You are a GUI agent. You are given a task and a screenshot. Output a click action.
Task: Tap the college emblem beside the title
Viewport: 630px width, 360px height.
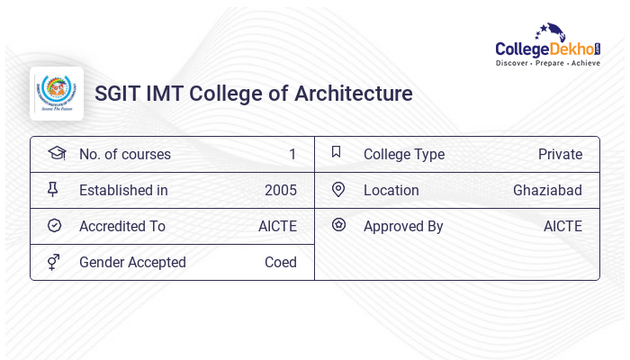click(x=57, y=94)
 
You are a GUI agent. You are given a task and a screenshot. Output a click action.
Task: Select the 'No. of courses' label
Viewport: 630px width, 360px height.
click(x=124, y=154)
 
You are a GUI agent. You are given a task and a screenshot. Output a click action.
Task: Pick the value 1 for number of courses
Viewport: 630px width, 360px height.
click(x=292, y=154)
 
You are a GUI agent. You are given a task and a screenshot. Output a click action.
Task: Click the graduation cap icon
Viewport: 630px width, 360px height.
click(x=56, y=153)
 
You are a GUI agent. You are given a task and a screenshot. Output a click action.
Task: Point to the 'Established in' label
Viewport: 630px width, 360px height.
click(x=123, y=190)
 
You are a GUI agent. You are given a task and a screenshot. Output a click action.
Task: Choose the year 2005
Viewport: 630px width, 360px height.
click(x=280, y=190)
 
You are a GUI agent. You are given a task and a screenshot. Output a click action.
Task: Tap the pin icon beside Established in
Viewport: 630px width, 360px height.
click(x=53, y=189)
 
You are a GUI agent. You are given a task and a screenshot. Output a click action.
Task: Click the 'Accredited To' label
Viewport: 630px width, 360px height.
click(x=122, y=226)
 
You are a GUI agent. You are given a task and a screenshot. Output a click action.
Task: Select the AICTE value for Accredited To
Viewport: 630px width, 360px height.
click(x=277, y=226)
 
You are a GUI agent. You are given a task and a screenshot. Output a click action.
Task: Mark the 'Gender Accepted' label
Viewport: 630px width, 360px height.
click(x=132, y=262)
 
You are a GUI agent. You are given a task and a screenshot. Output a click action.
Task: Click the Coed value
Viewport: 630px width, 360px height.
click(x=280, y=262)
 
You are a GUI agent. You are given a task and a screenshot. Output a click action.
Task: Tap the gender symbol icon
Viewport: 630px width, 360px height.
click(x=53, y=261)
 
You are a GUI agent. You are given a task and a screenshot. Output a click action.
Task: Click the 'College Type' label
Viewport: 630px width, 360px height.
click(x=403, y=154)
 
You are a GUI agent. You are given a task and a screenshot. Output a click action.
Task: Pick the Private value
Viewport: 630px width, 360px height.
click(x=560, y=154)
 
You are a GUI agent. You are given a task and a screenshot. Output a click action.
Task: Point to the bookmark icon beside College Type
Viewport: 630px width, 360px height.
click(x=337, y=152)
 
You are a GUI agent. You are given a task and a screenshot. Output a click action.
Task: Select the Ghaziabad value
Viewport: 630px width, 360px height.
click(x=547, y=190)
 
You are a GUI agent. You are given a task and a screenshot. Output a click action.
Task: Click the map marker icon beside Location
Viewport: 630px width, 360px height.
click(x=338, y=189)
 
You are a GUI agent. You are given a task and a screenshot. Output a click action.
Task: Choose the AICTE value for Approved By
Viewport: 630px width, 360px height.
click(x=562, y=226)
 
